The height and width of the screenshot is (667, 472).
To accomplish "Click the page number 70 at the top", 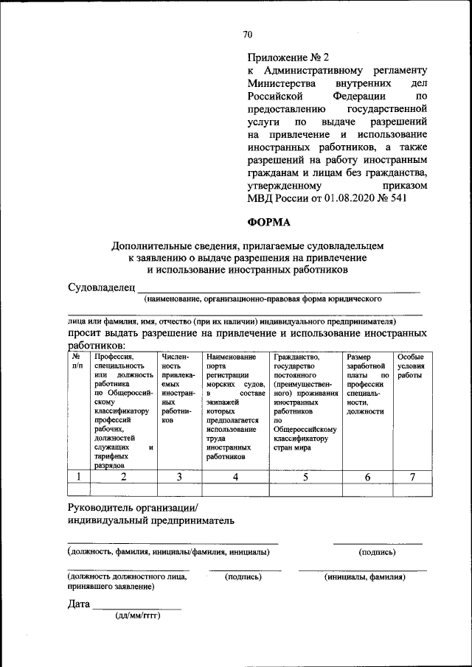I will (x=248, y=34).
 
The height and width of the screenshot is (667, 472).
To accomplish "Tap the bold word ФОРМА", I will (x=269, y=222).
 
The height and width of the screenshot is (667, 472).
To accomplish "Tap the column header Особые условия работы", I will (x=410, y=366).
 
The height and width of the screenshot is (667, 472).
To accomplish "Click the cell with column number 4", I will (x=235, y=477).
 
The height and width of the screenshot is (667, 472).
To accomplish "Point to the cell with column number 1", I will (x=78, y=477).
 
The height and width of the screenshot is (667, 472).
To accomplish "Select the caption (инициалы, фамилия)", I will (x=364, y=577).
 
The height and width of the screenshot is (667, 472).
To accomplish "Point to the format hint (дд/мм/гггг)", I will (x=137, y=615).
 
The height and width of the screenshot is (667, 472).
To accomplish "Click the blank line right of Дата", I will (x=136, y=607).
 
